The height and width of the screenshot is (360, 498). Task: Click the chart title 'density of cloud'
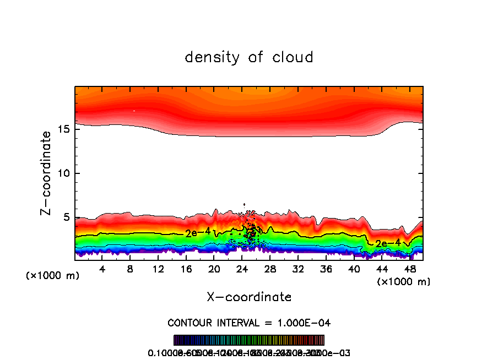[x=249, y=57]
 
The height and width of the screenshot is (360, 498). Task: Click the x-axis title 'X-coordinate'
[x=249, y=297]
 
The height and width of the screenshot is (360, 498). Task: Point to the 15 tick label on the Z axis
[x=63, y=129]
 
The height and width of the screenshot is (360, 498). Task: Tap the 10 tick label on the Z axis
[x=63, y=173]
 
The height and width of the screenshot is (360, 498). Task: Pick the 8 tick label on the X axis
[x=130, y=270]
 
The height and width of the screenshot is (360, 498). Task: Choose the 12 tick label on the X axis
[x=158, y=270]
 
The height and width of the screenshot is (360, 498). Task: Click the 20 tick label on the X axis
[x=214, y=270]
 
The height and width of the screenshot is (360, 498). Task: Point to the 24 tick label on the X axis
[x=242, y=270]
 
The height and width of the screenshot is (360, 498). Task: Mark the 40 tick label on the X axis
[x=353, y=270]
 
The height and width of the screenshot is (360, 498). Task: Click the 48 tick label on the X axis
[x=409, y=270]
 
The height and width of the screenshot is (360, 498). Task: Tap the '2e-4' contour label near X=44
[x=387, y=243]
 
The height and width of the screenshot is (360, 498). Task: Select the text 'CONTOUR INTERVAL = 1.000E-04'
[x=249, y=323]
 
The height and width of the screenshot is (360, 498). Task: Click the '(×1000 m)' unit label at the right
[x=404, y=282]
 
